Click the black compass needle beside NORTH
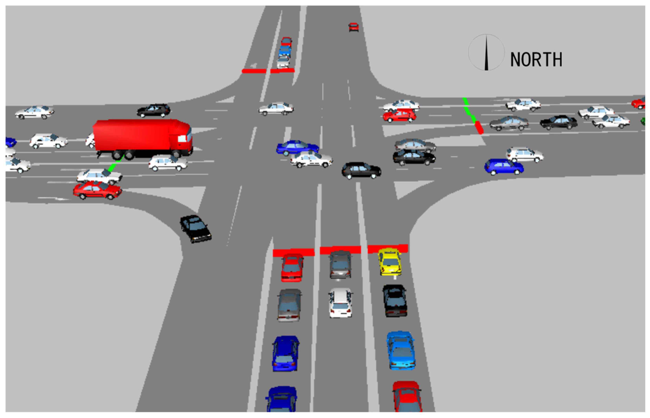click(486, 53)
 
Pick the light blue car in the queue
click(401, 350)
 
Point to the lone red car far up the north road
click(353, 27)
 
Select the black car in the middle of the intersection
click(361, 170)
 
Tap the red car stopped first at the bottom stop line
click(292, 267)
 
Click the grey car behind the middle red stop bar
click(340, 264)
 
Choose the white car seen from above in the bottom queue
click(340, 303)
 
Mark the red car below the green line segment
click(97, 190)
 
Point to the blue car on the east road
click(504, 167)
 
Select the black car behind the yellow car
click(395, 300)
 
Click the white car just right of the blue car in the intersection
click(311, 159)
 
